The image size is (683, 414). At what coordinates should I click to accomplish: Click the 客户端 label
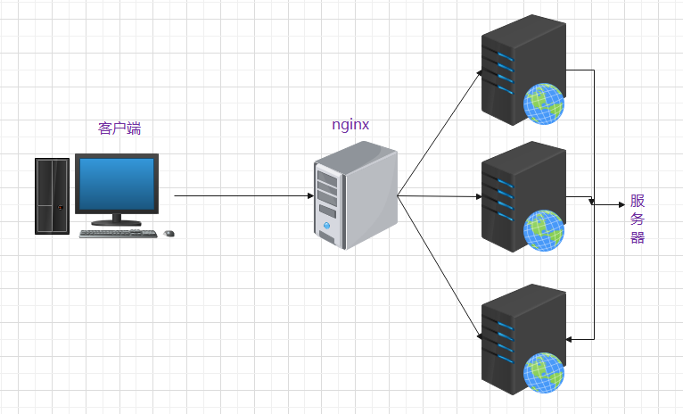pyautogui.click(x=119, y=128)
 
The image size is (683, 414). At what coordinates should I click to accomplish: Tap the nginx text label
pyautogui.click(x=350, y=125)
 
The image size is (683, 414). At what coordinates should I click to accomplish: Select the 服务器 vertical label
pyautogui.click(x=638, y=219)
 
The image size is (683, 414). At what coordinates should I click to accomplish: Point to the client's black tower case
pyautogui.click(x=53, y=196)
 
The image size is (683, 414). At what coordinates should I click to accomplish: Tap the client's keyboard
pyautogui.click(x=118, y=234)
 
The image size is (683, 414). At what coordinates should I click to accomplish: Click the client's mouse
pyautogui.click(x=169, y=234)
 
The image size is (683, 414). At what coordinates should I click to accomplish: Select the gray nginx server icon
pyautogui.click(x=356, y=195)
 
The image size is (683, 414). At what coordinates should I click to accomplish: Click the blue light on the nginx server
pyautogui.click(x=326, y=226)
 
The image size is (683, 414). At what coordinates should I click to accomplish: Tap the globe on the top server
pyautogui.click(x=544, y=104)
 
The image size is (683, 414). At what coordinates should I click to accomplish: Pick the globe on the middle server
pyautogui.click(x=544, y=230)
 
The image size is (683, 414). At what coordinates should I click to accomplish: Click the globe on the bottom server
pyautogui.click(x=544, y=373)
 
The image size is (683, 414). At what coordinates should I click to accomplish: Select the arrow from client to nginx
pyautogui.click(x=244, y=195)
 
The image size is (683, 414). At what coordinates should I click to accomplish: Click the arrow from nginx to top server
pyautogui.click(x=440, y=132)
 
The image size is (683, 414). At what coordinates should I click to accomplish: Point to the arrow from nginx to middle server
pyautogui.click(x=440, y=196)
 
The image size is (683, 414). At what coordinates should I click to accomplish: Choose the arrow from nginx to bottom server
pyautogui.click(x=440, y=268)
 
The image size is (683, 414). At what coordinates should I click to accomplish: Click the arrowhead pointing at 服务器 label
pyautogui.click(x=622, y=204)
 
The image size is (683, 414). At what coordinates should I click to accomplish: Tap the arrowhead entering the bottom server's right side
pyautogui.click(x=569, y=339)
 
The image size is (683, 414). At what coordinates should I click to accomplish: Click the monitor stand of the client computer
pyautogui.click(x=116, y=219)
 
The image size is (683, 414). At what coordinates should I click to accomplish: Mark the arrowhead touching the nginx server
pyautogui.click(x=310, y=195)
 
